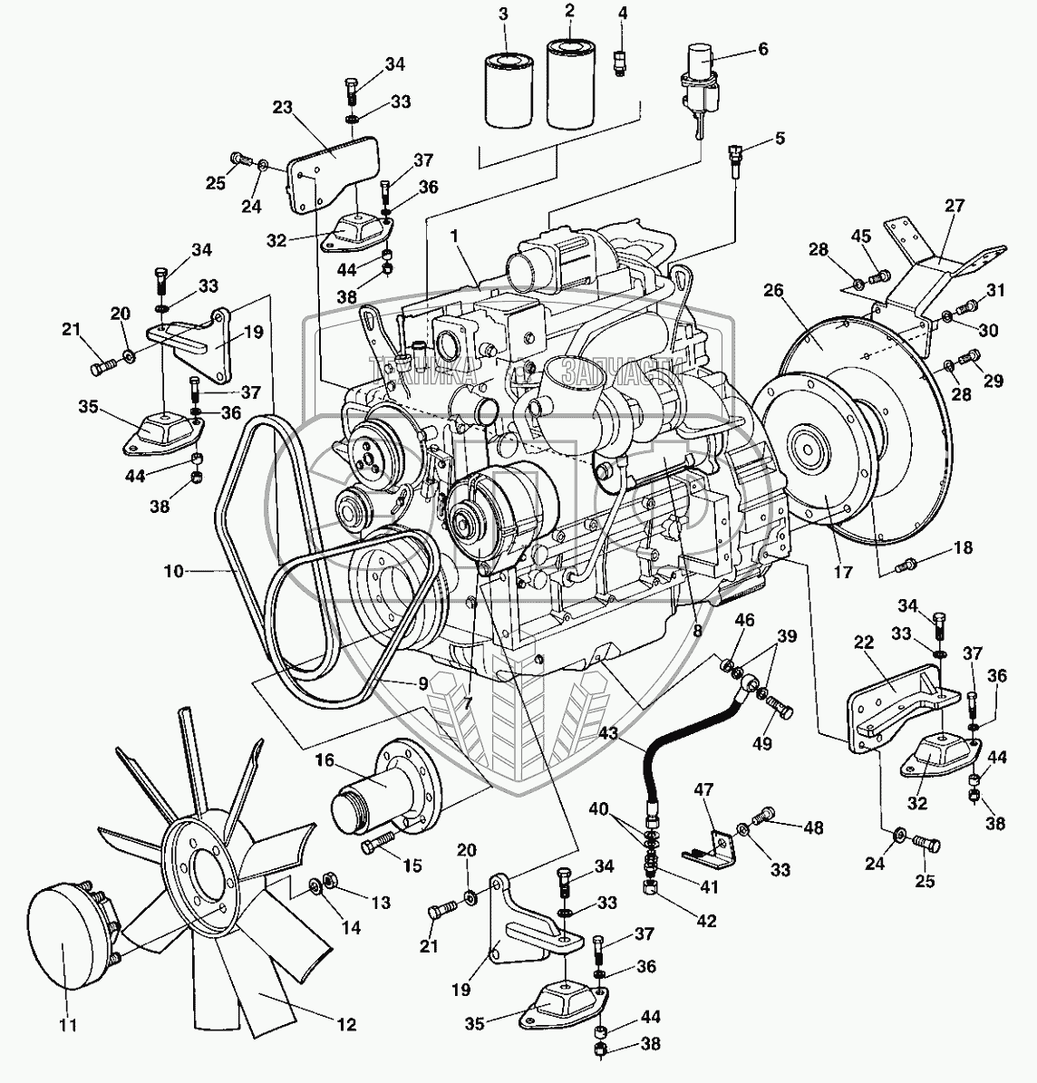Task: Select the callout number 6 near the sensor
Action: click(762, 50)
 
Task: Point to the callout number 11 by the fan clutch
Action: click(68, 1026)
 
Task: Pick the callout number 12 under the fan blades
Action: click(345, 1025)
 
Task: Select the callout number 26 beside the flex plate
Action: click(773, 291)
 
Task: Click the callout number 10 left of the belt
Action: click(174, 572)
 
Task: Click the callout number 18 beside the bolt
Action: click(963, 548)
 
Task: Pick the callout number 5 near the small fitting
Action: click(779, 139)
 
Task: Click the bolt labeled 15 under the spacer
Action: click(379, 846)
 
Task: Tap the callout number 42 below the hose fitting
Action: click(706, 922)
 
